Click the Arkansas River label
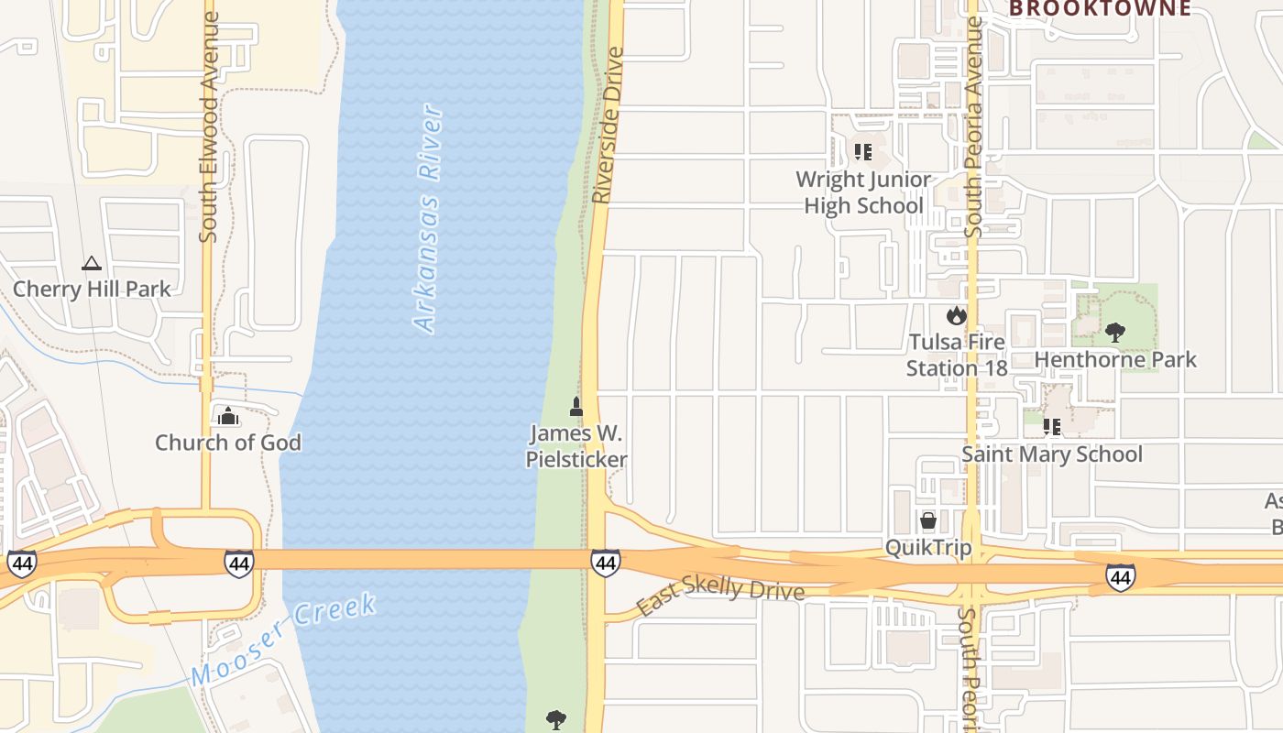tap(428, 220)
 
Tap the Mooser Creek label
tap(284, 640)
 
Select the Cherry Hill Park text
tap(92, 290)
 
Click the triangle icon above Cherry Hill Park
tap(92, 264)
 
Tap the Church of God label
tap(227, 443)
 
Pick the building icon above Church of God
tap(227, 416)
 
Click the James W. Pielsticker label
tap(576, 446)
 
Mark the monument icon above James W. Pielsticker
tap(576, 406)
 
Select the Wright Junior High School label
tap(863, 192)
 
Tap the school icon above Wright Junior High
tap(862, 151)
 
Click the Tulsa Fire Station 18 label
tap(957, 356)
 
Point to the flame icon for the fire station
tap(957, 316)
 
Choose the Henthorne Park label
tap(1115, 359)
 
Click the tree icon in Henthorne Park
tap(1115, 332)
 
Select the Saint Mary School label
tap(1052, 454)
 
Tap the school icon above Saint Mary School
tap(1052, 426)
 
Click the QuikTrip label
tap(928, 548)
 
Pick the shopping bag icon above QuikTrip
tap(928, 521)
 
